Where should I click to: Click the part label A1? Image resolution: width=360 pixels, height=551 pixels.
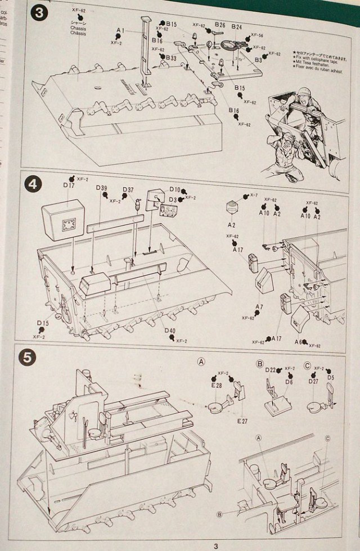pos(120,30)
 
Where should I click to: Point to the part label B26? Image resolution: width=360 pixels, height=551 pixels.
pos(219,26)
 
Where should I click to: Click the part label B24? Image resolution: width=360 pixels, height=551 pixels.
pos(236,26)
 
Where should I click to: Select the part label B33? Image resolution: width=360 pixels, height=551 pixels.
pos(172,58)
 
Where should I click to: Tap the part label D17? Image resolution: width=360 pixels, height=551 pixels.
pos(69,185)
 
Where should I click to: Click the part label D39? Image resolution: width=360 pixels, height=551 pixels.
pos(101,188)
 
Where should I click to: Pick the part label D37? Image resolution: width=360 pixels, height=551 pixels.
pos(128,189)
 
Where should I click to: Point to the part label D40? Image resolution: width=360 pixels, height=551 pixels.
pos(170,331)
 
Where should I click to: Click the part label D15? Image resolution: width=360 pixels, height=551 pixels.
pos(43,323)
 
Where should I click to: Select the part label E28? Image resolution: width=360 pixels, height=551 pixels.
pos(217,385)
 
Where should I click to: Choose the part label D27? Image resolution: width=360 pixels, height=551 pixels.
pos(313,382)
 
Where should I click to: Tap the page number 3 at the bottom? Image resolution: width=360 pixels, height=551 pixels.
pos(214,544)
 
